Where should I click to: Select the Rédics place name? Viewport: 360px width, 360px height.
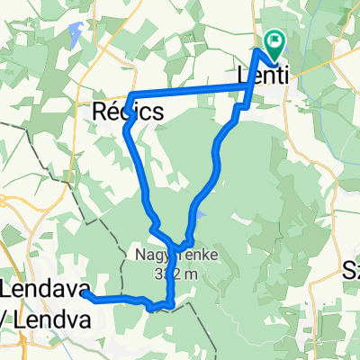(129, 112)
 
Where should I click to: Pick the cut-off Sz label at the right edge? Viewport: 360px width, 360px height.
(351, 268)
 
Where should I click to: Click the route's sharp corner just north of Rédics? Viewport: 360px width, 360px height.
(132, 95)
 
